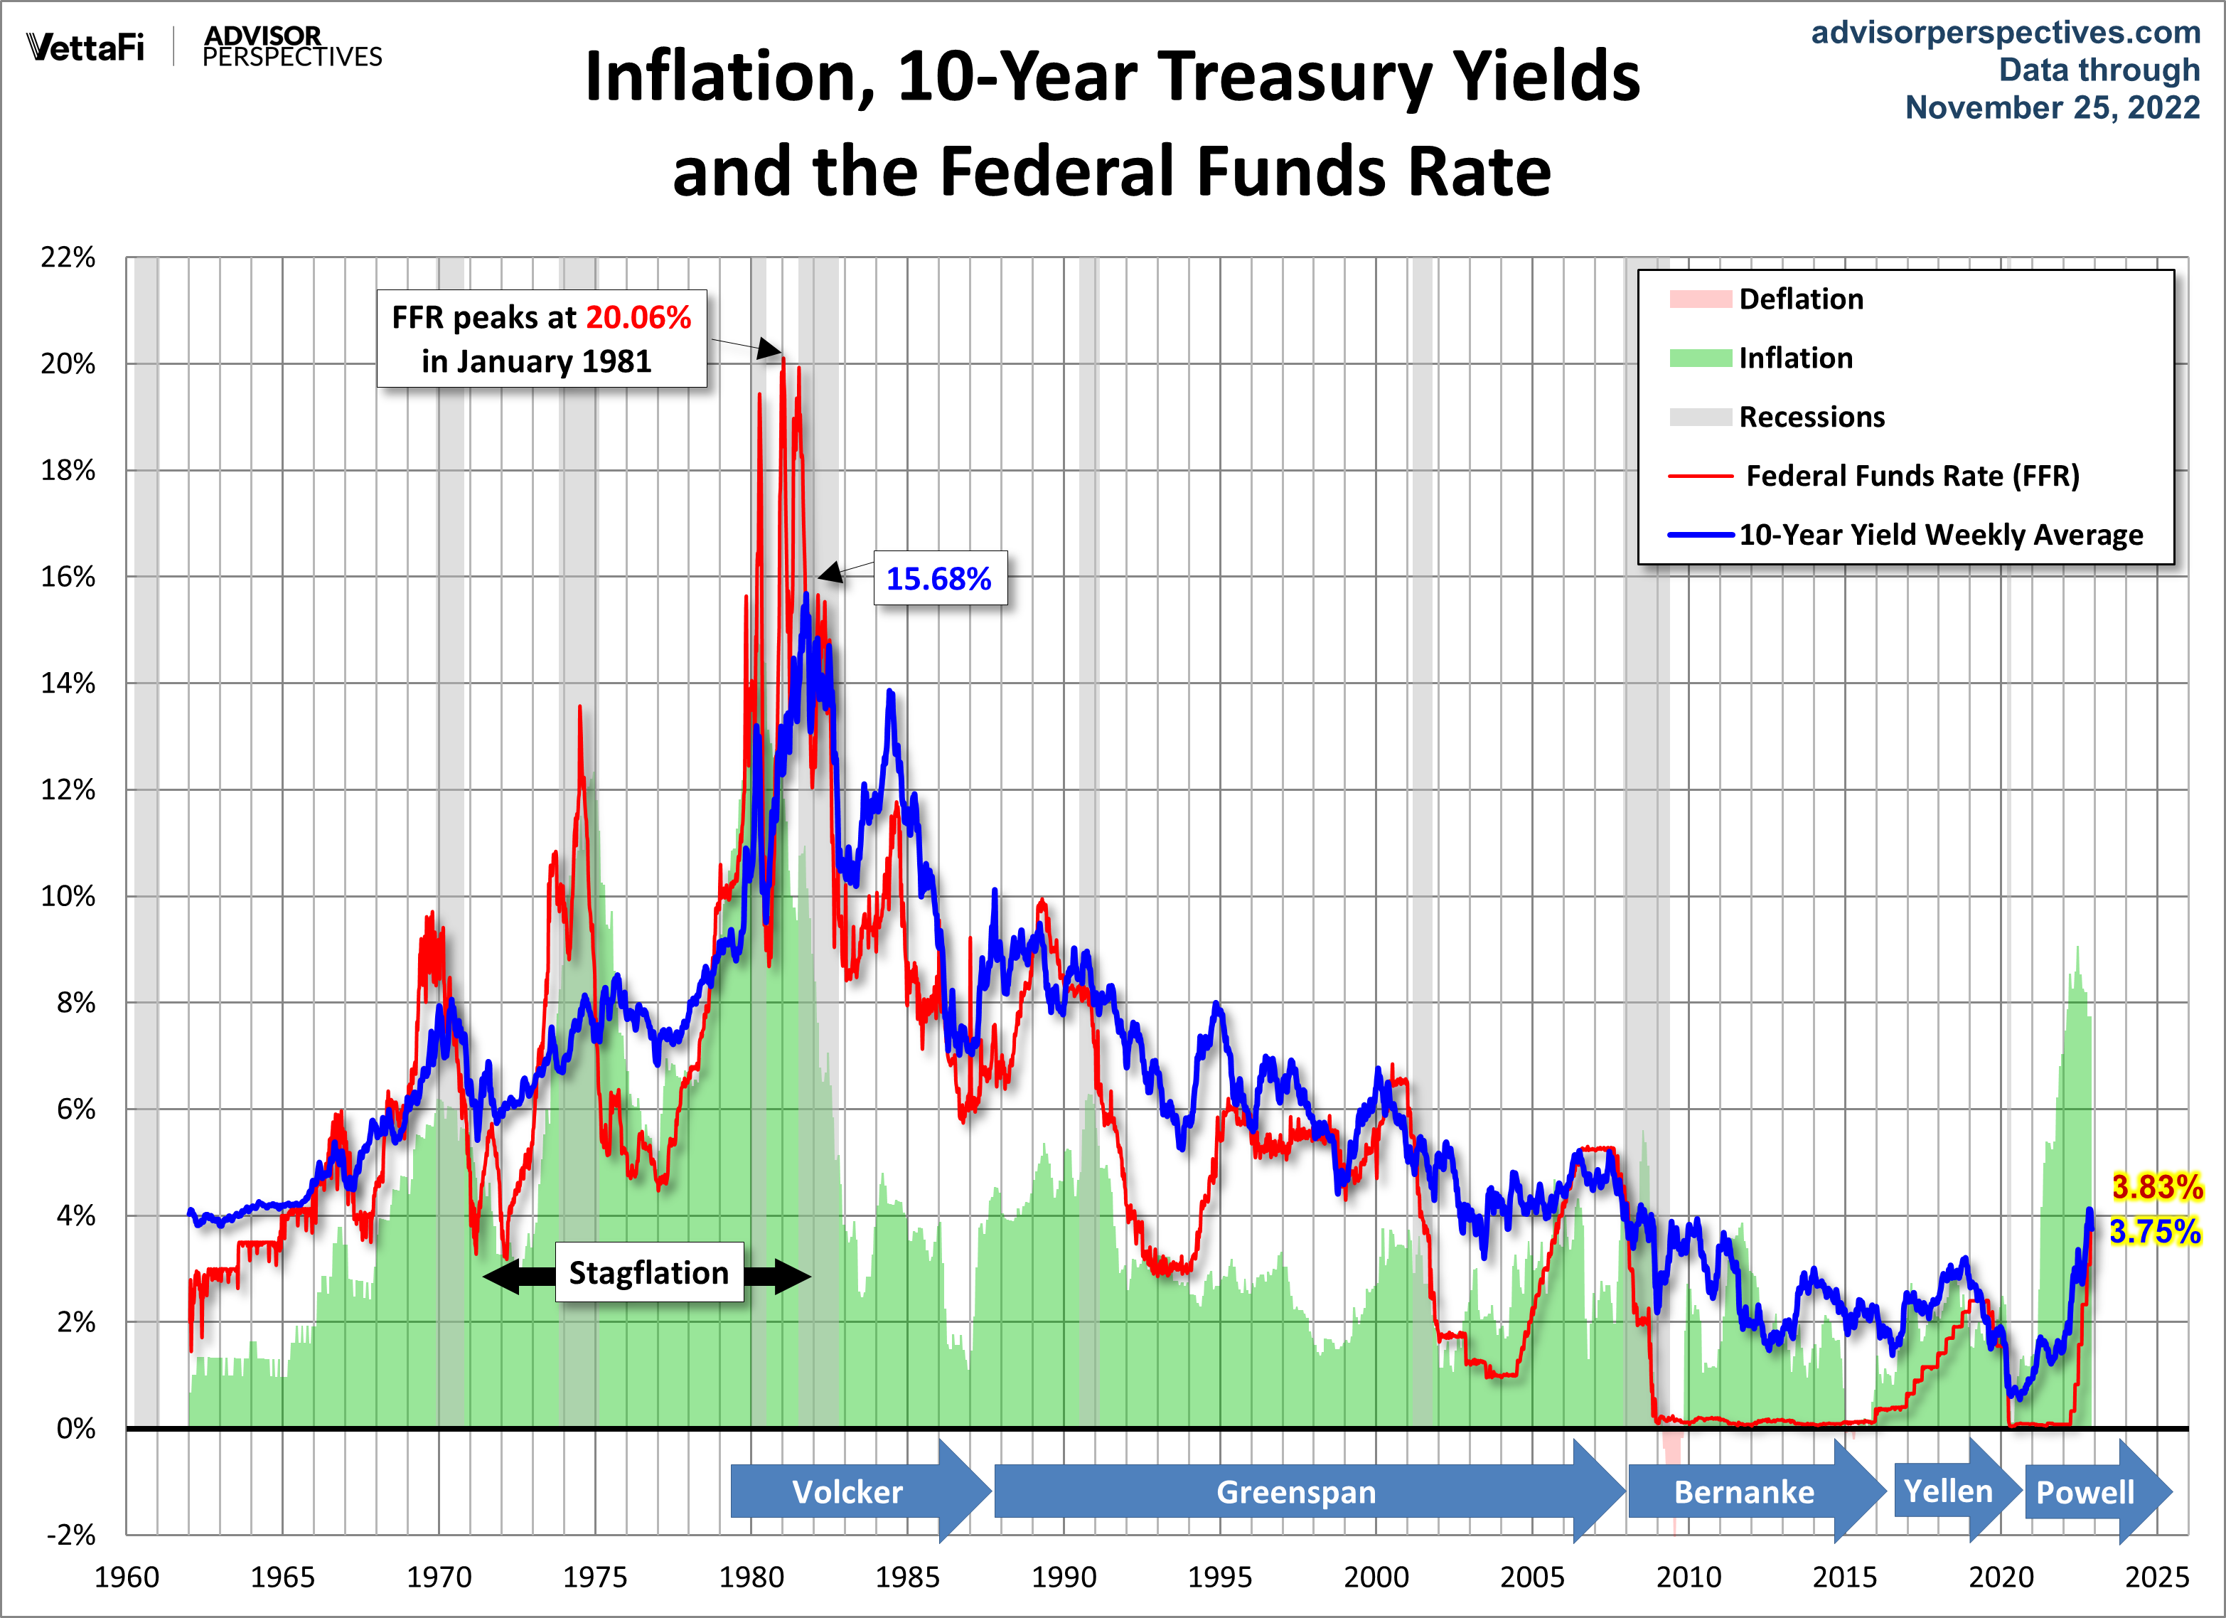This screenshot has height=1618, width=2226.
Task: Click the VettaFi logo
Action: [x=85, y=47]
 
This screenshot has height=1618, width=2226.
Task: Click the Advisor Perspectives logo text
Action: [x=291, y=47]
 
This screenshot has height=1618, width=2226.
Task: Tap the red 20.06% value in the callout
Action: [x=638, y=317]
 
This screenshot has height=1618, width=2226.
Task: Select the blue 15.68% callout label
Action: [x=938, y=578]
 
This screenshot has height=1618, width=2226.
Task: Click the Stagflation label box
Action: [x=649, y=1272]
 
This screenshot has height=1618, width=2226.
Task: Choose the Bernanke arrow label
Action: [x=1743, y=1491]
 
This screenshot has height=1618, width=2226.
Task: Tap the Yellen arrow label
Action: [x=1947, y=1491]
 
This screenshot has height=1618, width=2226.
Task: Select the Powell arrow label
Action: [x=2085, y=1492]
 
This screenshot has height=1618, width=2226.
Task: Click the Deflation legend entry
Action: [x=1800, y=299]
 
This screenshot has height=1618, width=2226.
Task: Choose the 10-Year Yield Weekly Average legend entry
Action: [x=1940, y=534]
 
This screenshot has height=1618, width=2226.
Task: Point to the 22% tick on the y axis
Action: [x=68, y=257]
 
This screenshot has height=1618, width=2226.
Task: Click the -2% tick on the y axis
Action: [x=70, y=1535]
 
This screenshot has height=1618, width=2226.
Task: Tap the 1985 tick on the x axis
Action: [x=907, y=1577]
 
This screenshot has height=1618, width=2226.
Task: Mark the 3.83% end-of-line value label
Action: [x=2156, y=1186]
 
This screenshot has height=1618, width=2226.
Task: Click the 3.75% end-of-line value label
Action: [x=2154, y=1230]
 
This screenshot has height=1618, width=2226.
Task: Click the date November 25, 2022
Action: [x=2053, y=107]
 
